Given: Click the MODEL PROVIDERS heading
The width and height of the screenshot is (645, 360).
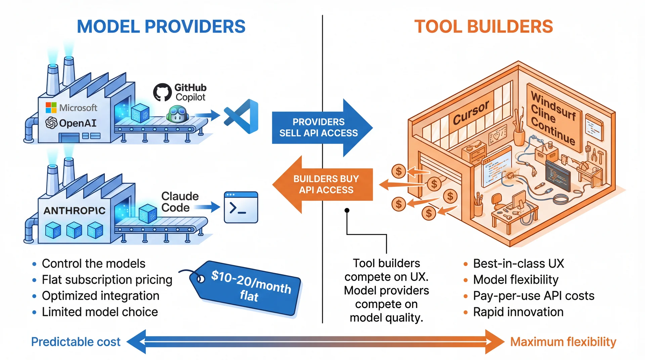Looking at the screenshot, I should click(161, 27).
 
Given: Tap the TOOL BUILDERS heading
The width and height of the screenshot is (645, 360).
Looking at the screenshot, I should click(483, 27).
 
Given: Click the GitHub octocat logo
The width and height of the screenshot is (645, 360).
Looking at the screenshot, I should click(162, 92).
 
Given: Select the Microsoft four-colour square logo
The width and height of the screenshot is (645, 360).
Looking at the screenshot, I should click(51, 108).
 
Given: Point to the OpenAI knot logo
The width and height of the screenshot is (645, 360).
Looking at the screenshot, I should click(51, 123).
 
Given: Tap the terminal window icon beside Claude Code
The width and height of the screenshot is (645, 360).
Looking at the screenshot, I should click(241, 207).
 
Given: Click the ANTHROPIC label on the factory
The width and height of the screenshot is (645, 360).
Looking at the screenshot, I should click(75, 211).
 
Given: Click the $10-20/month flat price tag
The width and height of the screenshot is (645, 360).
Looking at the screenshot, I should click(249, 287).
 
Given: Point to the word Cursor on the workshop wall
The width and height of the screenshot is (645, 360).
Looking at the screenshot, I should click(471, 113).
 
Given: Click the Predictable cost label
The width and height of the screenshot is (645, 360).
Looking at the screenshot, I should click(76, 342).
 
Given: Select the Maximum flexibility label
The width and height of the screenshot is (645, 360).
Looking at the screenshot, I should click(563, 342).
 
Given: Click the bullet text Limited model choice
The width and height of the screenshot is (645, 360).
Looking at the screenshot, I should click(100, 312).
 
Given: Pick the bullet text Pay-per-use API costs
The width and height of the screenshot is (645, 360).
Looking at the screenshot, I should click(533, 296).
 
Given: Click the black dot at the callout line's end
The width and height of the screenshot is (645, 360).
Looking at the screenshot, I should click(347, 211).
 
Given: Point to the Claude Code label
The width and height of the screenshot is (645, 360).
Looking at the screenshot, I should click(180, 202).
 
